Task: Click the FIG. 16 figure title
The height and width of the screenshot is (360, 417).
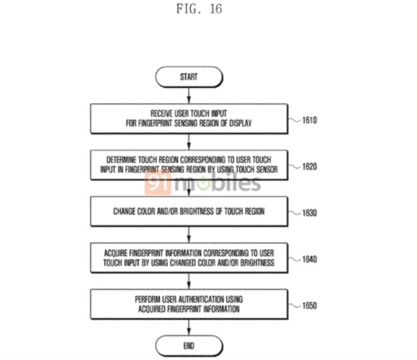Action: (199, 9)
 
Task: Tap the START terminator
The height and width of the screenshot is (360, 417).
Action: (189, 77)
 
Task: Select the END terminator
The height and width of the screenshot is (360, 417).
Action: (189, 345)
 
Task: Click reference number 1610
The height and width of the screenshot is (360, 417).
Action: (308, 121)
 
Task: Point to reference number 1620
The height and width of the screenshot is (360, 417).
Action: (308, 167)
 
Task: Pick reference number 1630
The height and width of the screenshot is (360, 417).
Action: (308, 213)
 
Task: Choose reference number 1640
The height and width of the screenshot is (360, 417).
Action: (308, 259)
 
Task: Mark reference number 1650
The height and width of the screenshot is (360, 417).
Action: (308, 306)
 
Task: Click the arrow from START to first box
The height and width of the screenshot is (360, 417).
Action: (189, 96)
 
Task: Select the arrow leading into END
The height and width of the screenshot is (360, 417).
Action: (189, 327)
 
